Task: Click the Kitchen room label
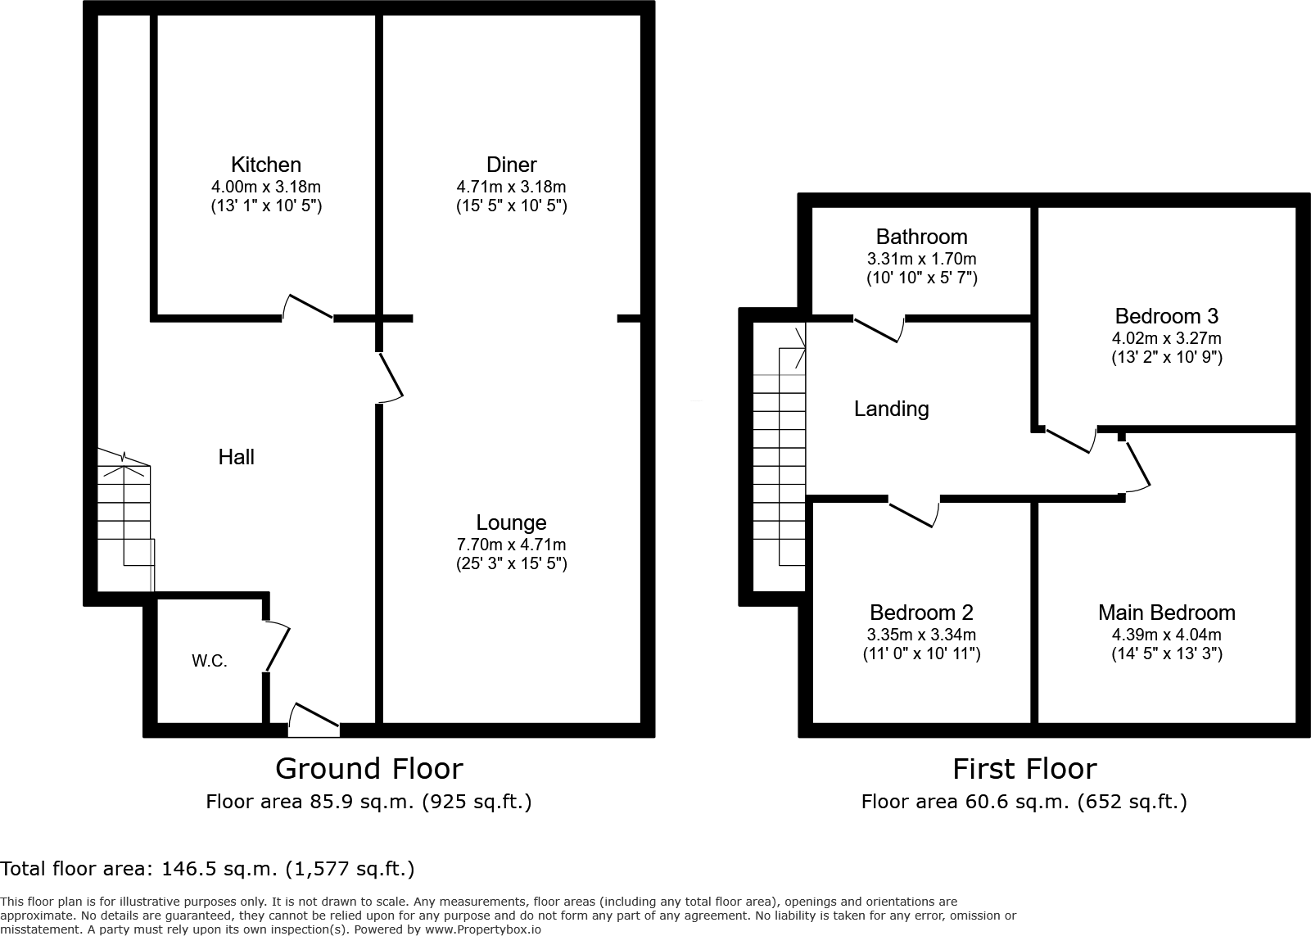pyautogui.click(x=265, y=165)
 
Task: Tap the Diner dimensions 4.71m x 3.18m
pyautogui.click(x=511, y=187)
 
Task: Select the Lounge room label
pyautogui.click(x=511, y=522)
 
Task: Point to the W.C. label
pyautogui.click(x=210, y=661)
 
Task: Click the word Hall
pyautogui.click(x=236, y=457)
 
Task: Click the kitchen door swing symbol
pyautogui.click(x=308, y=306)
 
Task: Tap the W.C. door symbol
pyautogui.click(x=277, y=647)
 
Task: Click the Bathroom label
pyautogui.click(x=921, y=237)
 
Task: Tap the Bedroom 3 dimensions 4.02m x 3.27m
pyautogui.click(x=1166, y=338)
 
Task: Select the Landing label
pyautogui.click(x=891, y=409)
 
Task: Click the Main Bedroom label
pyautogui.click(x=1166, y=613)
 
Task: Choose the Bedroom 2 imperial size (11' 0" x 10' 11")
pyautogui.click(x=921, y=653)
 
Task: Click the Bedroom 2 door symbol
pyautogui.click(x=914, y=513)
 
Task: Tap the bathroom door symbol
pyautogui.click(x=879, y=328)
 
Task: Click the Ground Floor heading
pyautogui.click(x=368, y=768)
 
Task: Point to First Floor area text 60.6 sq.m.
pyautogui.click(x=1024, y=802)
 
